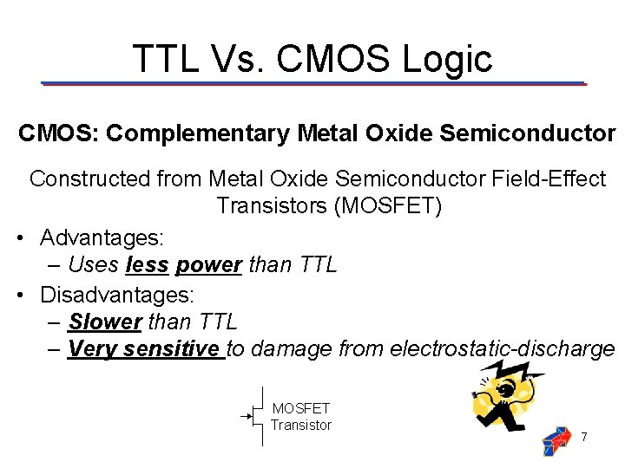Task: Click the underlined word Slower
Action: pyautogui.click(x=104, y=322)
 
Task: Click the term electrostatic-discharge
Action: pyautogui.click(x=503, y=349)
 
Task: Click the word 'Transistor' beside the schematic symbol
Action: pyautogui.click(x=301, y=425)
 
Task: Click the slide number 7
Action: pyautogui.click(x=585, y=437)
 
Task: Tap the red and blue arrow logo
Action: pyautogui.click(x=557, y=441)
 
